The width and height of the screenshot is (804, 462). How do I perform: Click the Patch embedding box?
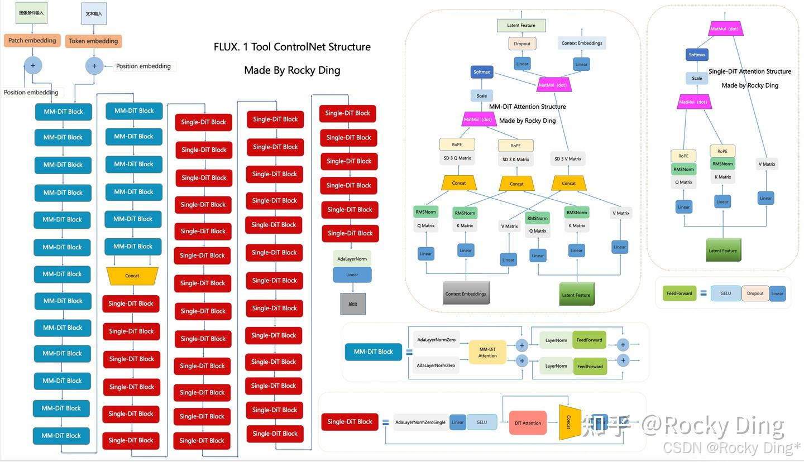(32, 41)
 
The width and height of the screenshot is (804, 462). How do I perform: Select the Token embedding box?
(94, 41)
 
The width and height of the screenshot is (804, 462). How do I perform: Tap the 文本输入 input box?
(94, 13)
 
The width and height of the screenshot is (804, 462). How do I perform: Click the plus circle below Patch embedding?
(33, 65)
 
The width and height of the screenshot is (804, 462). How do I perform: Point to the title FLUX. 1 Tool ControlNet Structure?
(292, 47)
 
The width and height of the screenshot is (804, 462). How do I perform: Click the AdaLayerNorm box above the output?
(352, 259)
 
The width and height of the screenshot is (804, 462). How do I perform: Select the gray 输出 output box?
(353, 304)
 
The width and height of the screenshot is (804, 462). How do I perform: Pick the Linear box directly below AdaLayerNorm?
(352, 275)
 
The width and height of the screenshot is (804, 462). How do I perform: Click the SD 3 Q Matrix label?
(457, 158)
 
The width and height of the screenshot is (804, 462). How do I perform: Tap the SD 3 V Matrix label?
(568, 159)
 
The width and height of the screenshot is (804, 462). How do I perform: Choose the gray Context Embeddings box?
(466, 293)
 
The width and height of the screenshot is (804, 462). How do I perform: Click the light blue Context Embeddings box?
(582, 43)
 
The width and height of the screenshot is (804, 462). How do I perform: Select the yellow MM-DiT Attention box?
(487, 352)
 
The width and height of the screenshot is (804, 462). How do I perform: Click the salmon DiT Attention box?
(528, 423)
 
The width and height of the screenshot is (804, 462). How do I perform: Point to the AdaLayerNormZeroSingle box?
(420, 422)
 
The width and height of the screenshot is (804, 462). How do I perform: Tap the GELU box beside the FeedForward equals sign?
(725, 293)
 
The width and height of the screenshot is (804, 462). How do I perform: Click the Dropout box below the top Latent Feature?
(522, 44)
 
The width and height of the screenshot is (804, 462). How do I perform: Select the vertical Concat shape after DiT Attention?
(567, 422)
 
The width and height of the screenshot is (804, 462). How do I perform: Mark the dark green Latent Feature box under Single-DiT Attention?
(723, 251)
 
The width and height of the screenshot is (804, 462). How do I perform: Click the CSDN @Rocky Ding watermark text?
(731, 447)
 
